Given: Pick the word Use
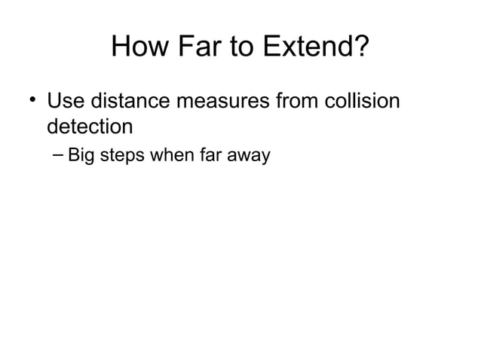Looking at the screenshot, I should [65, 99].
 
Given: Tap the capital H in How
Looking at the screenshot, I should [121, 49].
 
